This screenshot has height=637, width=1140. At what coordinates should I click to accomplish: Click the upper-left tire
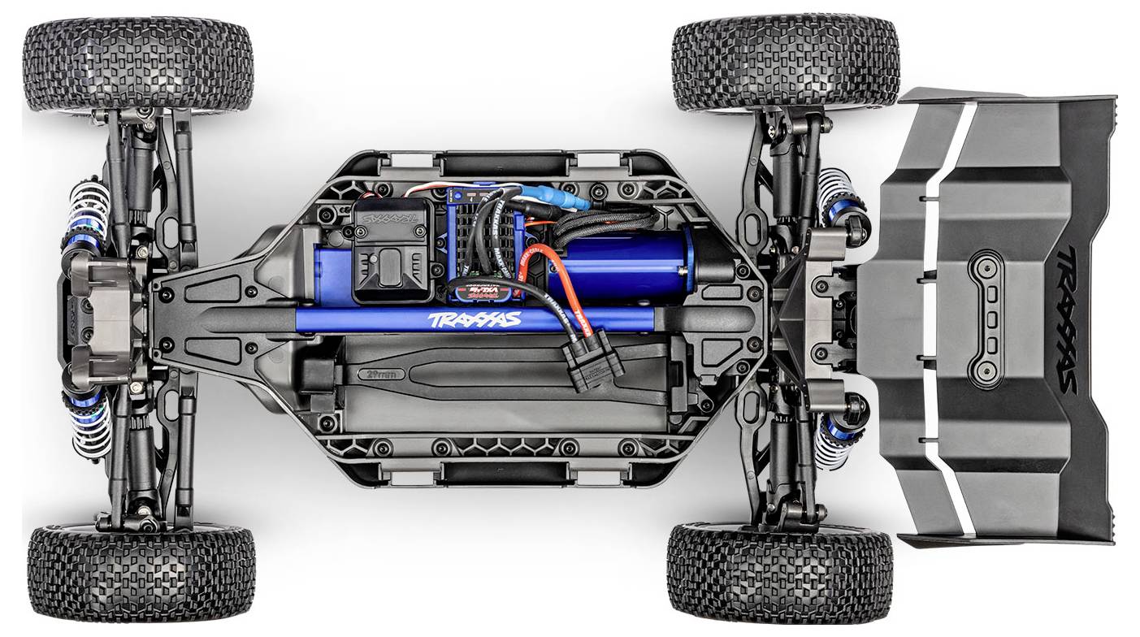click(x=138, y=65)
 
